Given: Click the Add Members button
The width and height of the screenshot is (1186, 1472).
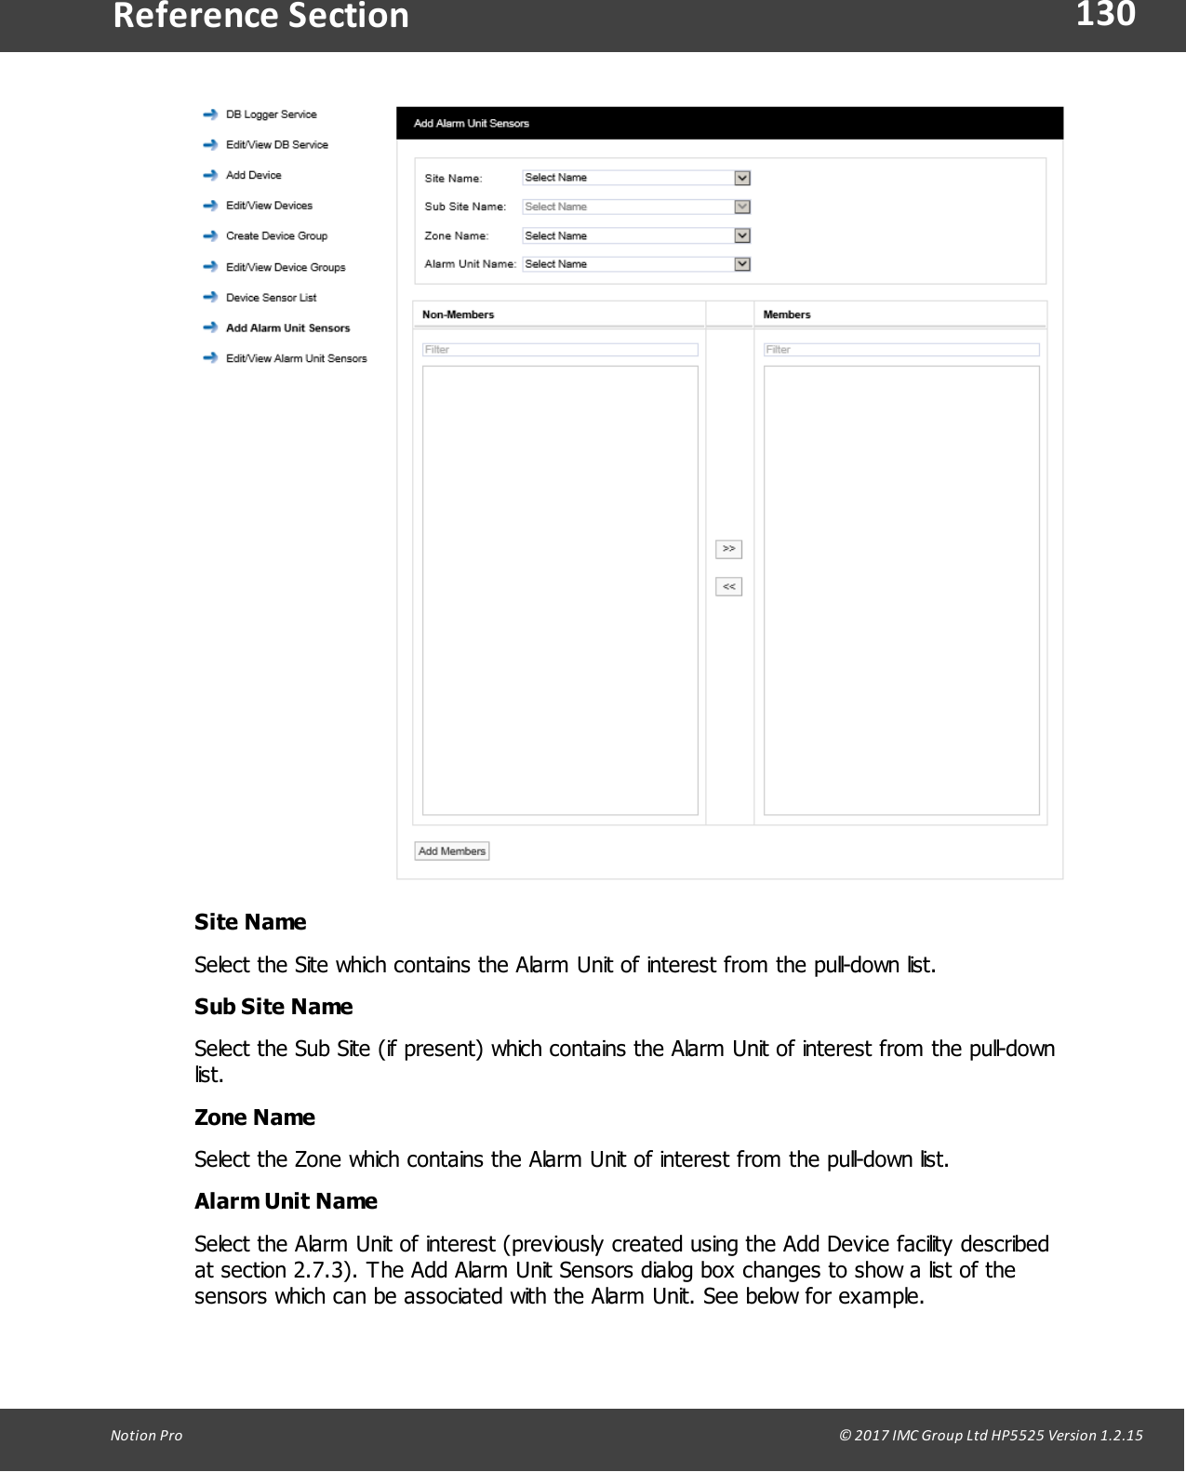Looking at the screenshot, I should coord(452,851).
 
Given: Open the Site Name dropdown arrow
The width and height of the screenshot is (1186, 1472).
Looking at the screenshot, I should coord(742,178).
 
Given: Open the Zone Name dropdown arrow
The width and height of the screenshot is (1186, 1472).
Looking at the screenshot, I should coord(742,235).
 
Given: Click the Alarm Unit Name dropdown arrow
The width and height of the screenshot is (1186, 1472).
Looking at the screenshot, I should coord(742,264).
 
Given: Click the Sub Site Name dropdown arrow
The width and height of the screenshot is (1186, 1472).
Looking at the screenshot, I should coord(742,207).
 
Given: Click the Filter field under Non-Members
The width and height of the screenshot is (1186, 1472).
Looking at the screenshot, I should coord(560,350).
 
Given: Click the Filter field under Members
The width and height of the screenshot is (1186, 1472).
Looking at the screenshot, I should coord(900,350).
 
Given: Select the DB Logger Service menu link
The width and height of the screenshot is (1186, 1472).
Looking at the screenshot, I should coord(271,114).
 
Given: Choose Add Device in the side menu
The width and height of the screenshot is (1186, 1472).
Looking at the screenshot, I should coord(253,175).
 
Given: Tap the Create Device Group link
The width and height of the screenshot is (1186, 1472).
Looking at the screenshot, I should coord(276,236).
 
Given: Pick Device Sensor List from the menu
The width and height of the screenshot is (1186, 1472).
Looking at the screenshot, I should coord(271,298).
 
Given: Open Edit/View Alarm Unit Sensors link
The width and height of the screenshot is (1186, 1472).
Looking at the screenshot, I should coord(296,358).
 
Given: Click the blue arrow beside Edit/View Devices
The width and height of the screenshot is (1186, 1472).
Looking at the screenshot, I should coord(210,206).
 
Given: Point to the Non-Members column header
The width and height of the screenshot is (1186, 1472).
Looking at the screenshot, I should coord(459,314).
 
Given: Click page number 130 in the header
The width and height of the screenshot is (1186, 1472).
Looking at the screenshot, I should coord(1105,15).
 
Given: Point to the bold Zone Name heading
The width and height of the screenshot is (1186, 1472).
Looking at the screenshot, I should coord(255,1117).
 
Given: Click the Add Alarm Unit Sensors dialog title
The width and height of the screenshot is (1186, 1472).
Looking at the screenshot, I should coord(472,123).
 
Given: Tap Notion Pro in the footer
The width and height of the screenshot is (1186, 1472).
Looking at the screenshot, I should coord(147,1435).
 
